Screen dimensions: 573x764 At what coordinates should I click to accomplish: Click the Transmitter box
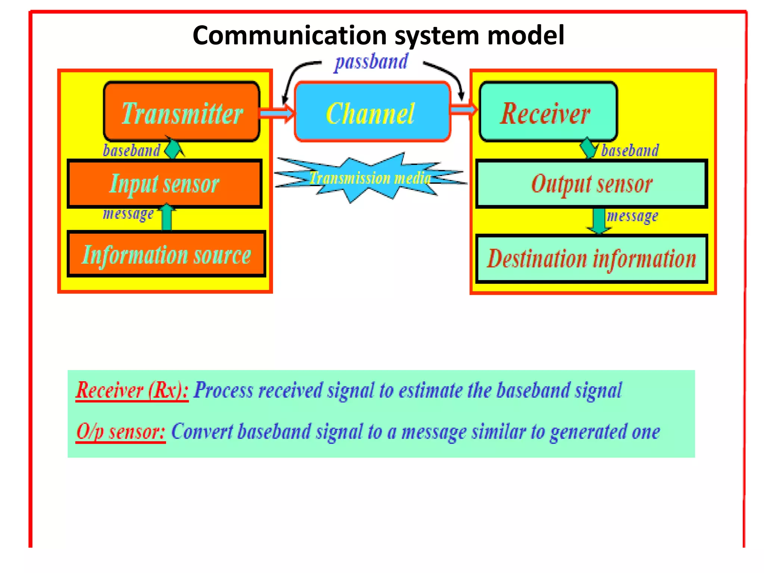182,112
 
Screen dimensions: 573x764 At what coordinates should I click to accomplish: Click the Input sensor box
165,184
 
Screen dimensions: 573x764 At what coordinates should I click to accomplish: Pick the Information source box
166,254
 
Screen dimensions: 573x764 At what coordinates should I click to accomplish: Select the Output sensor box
592,184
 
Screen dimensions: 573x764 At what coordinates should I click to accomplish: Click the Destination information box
592,259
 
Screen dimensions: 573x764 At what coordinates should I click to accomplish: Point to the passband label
371,62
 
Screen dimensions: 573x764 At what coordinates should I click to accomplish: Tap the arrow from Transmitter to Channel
276,112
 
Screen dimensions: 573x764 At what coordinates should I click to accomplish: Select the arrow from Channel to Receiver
464,109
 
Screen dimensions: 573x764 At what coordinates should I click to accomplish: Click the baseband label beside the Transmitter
131,150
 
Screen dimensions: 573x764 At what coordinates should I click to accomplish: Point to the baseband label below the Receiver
630,150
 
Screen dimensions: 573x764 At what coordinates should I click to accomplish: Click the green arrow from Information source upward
167,217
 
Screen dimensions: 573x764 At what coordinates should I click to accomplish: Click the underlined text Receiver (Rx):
132,390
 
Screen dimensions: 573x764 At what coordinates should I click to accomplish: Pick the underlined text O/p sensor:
120,432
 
